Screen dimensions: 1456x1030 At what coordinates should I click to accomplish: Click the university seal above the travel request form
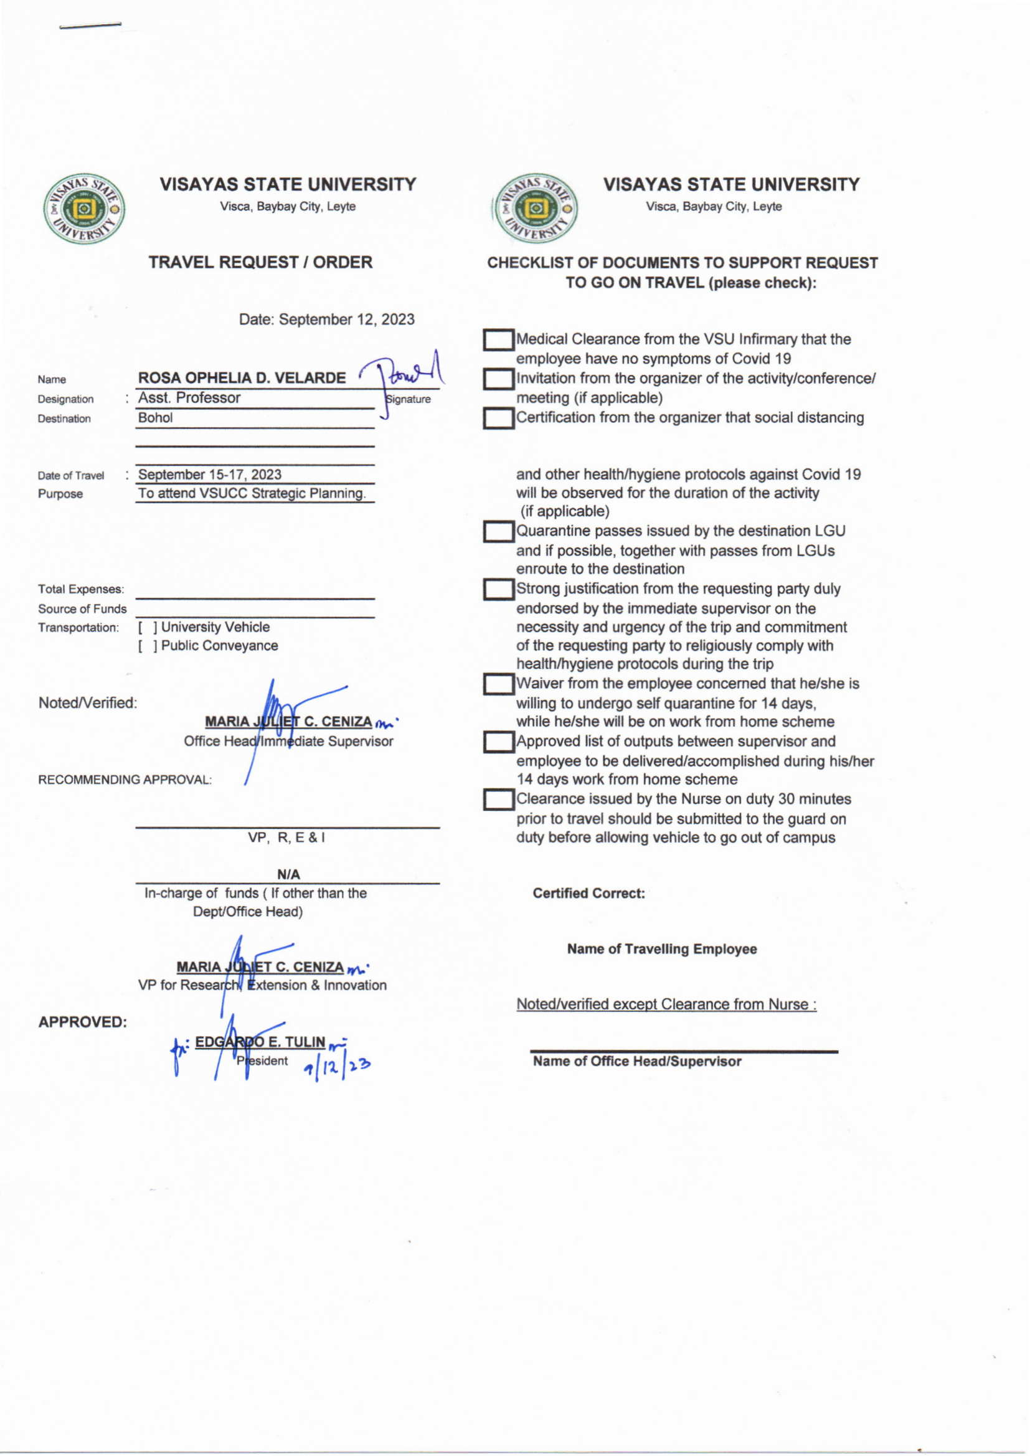point(83,209)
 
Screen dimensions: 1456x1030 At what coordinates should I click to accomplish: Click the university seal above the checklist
point(536,209)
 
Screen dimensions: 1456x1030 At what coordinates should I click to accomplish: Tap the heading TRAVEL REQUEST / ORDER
point(260,262)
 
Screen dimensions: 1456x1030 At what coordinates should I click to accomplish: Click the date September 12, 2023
point(346,319)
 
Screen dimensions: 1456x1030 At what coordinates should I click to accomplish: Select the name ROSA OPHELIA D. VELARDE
point(242,378)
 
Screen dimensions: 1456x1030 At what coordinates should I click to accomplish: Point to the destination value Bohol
point(156,418)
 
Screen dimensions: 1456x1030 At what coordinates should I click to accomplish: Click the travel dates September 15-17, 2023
point(209,475)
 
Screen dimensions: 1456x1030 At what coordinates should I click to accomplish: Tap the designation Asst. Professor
point(189,397)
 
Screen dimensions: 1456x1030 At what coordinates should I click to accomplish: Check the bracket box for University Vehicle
point(147,627)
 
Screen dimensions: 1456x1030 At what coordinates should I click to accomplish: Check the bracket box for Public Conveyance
point(147,646)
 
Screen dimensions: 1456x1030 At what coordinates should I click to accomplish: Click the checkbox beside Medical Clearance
point(499,340)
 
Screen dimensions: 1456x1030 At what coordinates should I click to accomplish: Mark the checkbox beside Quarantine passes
point(499,531)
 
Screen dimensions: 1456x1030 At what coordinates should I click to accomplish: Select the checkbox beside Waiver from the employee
point(499,684)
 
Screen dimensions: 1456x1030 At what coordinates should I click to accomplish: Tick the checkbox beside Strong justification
point(499,589)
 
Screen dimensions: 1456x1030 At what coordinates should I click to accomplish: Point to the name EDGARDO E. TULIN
point(260,1042)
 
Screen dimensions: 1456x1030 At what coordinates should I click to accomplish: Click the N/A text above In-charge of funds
point(288,874)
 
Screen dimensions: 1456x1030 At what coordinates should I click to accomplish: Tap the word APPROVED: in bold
point(82,1021)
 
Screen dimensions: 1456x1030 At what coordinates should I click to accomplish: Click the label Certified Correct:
point(588,893)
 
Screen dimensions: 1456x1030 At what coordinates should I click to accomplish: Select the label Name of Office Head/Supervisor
point(637,1061)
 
